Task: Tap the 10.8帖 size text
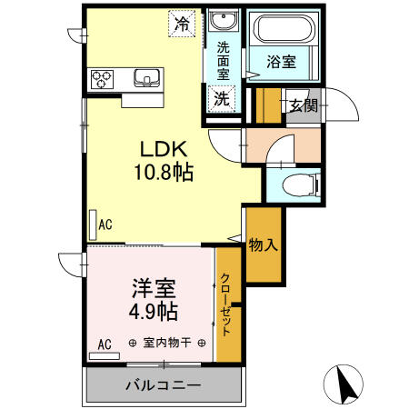[165, 173]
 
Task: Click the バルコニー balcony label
[163, 385]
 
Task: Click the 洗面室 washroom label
[223, 61]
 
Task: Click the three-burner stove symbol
[99, 78]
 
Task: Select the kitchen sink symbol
[145, 78]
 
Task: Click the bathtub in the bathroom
[284, 29]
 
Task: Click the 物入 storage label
[262, 244]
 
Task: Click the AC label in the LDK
[105, 224]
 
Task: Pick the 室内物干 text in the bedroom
[166, 343]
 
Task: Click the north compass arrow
[346, 385]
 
